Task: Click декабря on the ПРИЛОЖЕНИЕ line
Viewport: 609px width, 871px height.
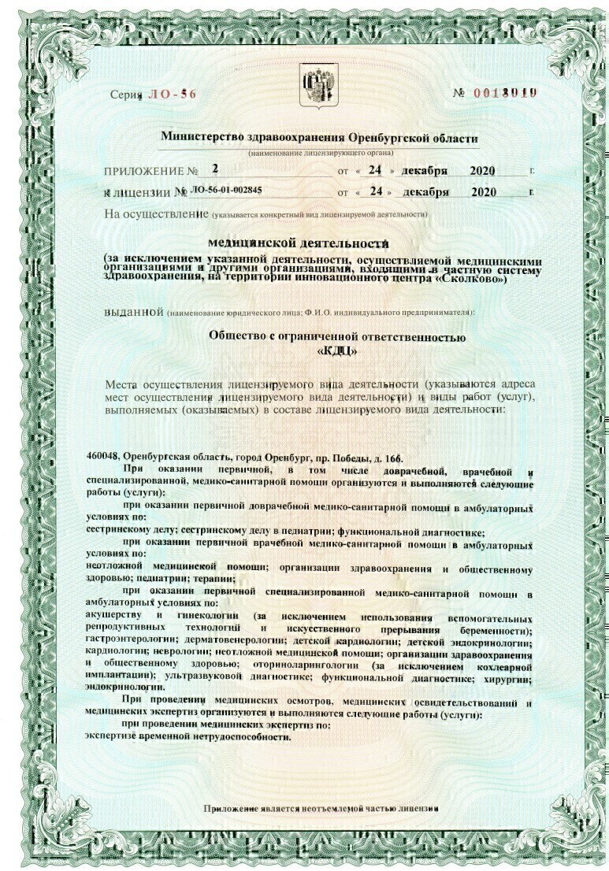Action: (x=425, y=170)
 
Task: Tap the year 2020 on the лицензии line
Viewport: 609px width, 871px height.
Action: (x=489, y=191)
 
